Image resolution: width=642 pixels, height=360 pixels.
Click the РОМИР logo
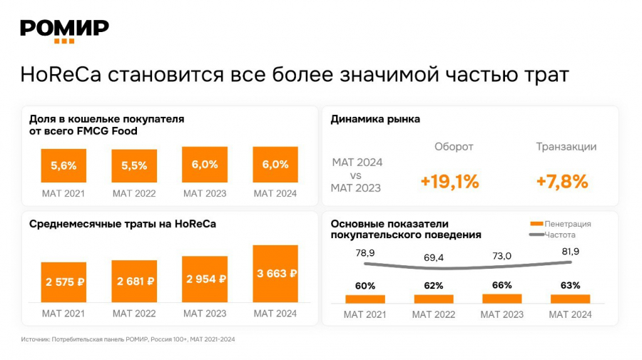(64, 29)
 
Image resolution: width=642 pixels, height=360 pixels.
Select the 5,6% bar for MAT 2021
(63, 165)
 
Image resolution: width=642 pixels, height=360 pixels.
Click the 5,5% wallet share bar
(134, 165)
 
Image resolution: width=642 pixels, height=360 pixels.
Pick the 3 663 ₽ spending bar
(275, 273)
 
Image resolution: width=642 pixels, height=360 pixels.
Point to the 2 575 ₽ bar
(63, 282)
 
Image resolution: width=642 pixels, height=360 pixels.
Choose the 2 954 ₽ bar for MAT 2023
(205, 279)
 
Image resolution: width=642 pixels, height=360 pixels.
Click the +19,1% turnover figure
(449, 182)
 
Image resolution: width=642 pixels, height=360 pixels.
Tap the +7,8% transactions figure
(562, 182)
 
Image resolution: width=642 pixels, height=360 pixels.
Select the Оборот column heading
(454, 147)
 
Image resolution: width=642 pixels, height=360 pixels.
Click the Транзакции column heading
(566, 147)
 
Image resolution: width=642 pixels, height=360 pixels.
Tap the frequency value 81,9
(571, 251)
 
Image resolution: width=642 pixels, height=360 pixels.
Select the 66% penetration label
(502, 285)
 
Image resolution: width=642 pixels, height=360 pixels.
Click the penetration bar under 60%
(365, 299)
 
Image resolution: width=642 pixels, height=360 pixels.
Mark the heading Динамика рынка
(375, 119)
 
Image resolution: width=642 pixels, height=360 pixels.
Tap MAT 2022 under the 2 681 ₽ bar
(134, 313)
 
